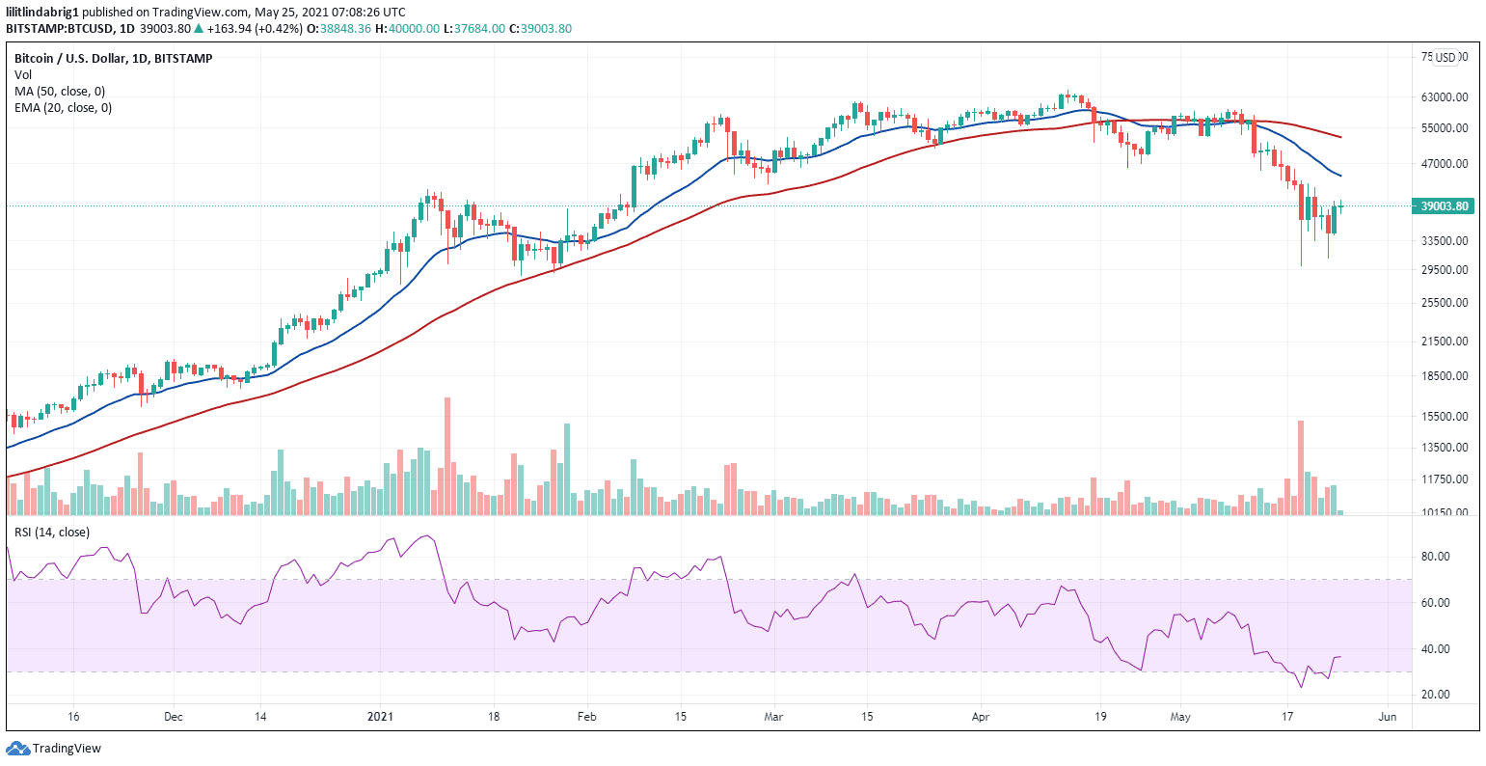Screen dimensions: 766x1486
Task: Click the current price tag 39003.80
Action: [x=1445, y=206]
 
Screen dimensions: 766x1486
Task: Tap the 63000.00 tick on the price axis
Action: [x=1444, y=97]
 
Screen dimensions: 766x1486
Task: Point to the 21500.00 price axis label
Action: [x=1444, y=342]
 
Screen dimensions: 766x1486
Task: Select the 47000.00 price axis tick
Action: [x=1444, y=164]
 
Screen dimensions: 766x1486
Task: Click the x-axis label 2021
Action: [x=381, y=717]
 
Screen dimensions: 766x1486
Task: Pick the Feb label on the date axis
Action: [x=586, y=717]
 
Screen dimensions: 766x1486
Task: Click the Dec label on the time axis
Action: [x=174, y=717]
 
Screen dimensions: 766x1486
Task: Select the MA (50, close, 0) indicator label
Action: [x=60, y=92]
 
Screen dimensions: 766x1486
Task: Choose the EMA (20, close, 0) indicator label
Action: [x=63, y=108]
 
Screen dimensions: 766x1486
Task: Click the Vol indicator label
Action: [x=22, y=75]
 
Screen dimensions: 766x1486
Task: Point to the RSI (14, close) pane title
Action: [x=52, y=533]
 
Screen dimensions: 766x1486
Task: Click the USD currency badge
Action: [x=1445, y=57]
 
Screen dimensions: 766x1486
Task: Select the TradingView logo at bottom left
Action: [x=54, y=748]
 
